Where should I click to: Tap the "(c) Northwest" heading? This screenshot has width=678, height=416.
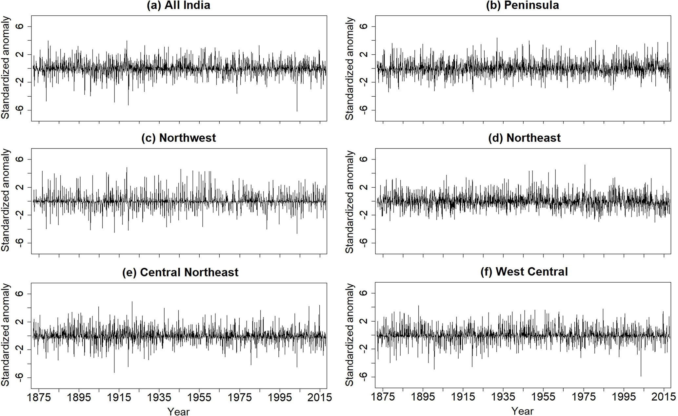coord(178,138)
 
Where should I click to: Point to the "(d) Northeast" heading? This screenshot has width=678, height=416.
coord(524,138)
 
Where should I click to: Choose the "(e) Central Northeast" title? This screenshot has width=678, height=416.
coord(180,272)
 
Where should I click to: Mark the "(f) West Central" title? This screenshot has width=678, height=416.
coord(524,272)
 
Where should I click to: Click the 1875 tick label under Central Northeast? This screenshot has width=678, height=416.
coord(39,397)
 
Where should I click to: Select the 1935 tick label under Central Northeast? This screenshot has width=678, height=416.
coord(159,397)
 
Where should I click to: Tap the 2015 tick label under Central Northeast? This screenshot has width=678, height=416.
coord(320,397)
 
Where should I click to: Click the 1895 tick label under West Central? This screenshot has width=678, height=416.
coord(423,397)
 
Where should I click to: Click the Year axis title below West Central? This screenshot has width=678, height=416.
coord(522,411)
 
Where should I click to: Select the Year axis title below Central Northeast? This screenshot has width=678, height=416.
coord(178,411)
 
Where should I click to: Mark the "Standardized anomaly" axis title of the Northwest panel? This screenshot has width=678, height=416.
coord(6,200)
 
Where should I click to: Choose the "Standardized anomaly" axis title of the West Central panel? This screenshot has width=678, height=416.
coord(350,335)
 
